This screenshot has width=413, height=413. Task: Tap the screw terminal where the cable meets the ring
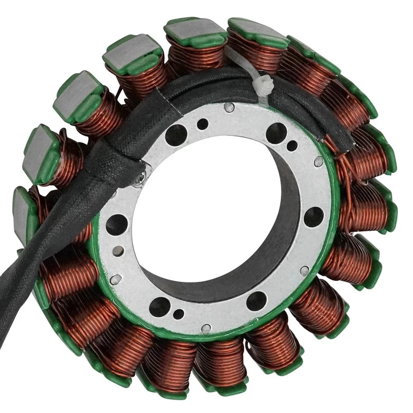tap(140, 178)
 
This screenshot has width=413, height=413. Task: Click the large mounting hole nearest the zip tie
tap(276, 133)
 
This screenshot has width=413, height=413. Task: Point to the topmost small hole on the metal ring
tap(202, 124)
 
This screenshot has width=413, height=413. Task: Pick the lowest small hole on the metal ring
tap(178, 314)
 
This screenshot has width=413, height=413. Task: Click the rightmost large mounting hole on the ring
tap(314, 216)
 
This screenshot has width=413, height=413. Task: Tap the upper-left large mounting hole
tap(176, 135)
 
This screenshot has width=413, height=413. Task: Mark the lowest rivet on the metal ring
tap(206, 329)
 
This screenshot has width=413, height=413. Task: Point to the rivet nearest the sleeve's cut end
tap(318, 161)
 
